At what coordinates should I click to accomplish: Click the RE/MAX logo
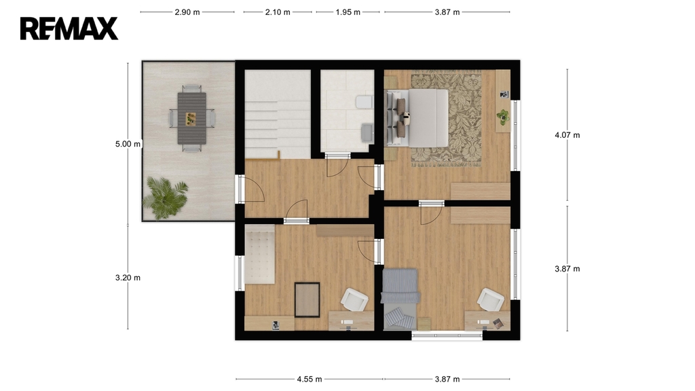(x=69, y=29)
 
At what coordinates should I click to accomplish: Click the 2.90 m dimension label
(x=187, y=12)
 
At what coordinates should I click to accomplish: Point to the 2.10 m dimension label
(x=278, y=12)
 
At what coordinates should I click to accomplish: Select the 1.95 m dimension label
(x=348, y=12)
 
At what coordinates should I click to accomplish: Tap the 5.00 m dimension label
(x=128, y=144)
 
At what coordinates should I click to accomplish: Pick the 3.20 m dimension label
(x=128, y=278)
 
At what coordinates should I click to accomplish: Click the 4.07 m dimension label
(x=567, y=135)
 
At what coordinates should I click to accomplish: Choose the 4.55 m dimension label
(x=309, y=379)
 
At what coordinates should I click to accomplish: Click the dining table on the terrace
(x=192, y=118)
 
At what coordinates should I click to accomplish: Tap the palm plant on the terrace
(x=166, y=198)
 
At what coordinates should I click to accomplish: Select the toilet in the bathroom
(x=364, y=102)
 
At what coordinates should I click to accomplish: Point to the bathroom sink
(x=367, y=133)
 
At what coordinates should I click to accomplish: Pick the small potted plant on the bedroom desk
(x=503, y=117)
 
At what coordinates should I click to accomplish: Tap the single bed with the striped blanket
(x=400, y=299)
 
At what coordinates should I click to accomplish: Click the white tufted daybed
(x=260, y=254)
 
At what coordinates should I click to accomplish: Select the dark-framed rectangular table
(x=307, y=299)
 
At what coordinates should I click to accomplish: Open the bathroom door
(x=337, y=166)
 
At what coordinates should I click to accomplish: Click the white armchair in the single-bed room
(x=491, y=299)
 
